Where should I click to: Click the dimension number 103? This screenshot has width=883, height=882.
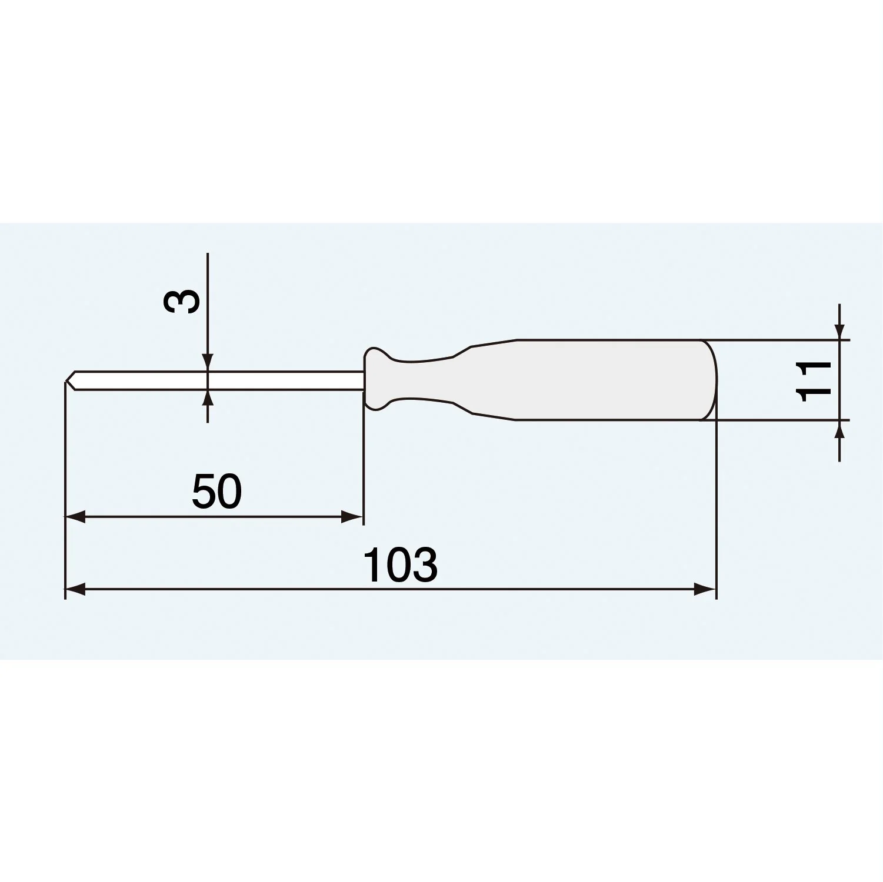400,565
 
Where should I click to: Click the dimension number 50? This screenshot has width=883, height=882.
216,492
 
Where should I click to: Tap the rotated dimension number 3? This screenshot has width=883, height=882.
182,301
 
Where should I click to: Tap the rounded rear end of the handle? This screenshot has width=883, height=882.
711,380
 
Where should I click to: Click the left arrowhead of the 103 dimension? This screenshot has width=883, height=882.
75,589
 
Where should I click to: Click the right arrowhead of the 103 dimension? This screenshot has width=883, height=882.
705,589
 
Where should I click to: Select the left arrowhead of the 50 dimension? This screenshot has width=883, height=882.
75,517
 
